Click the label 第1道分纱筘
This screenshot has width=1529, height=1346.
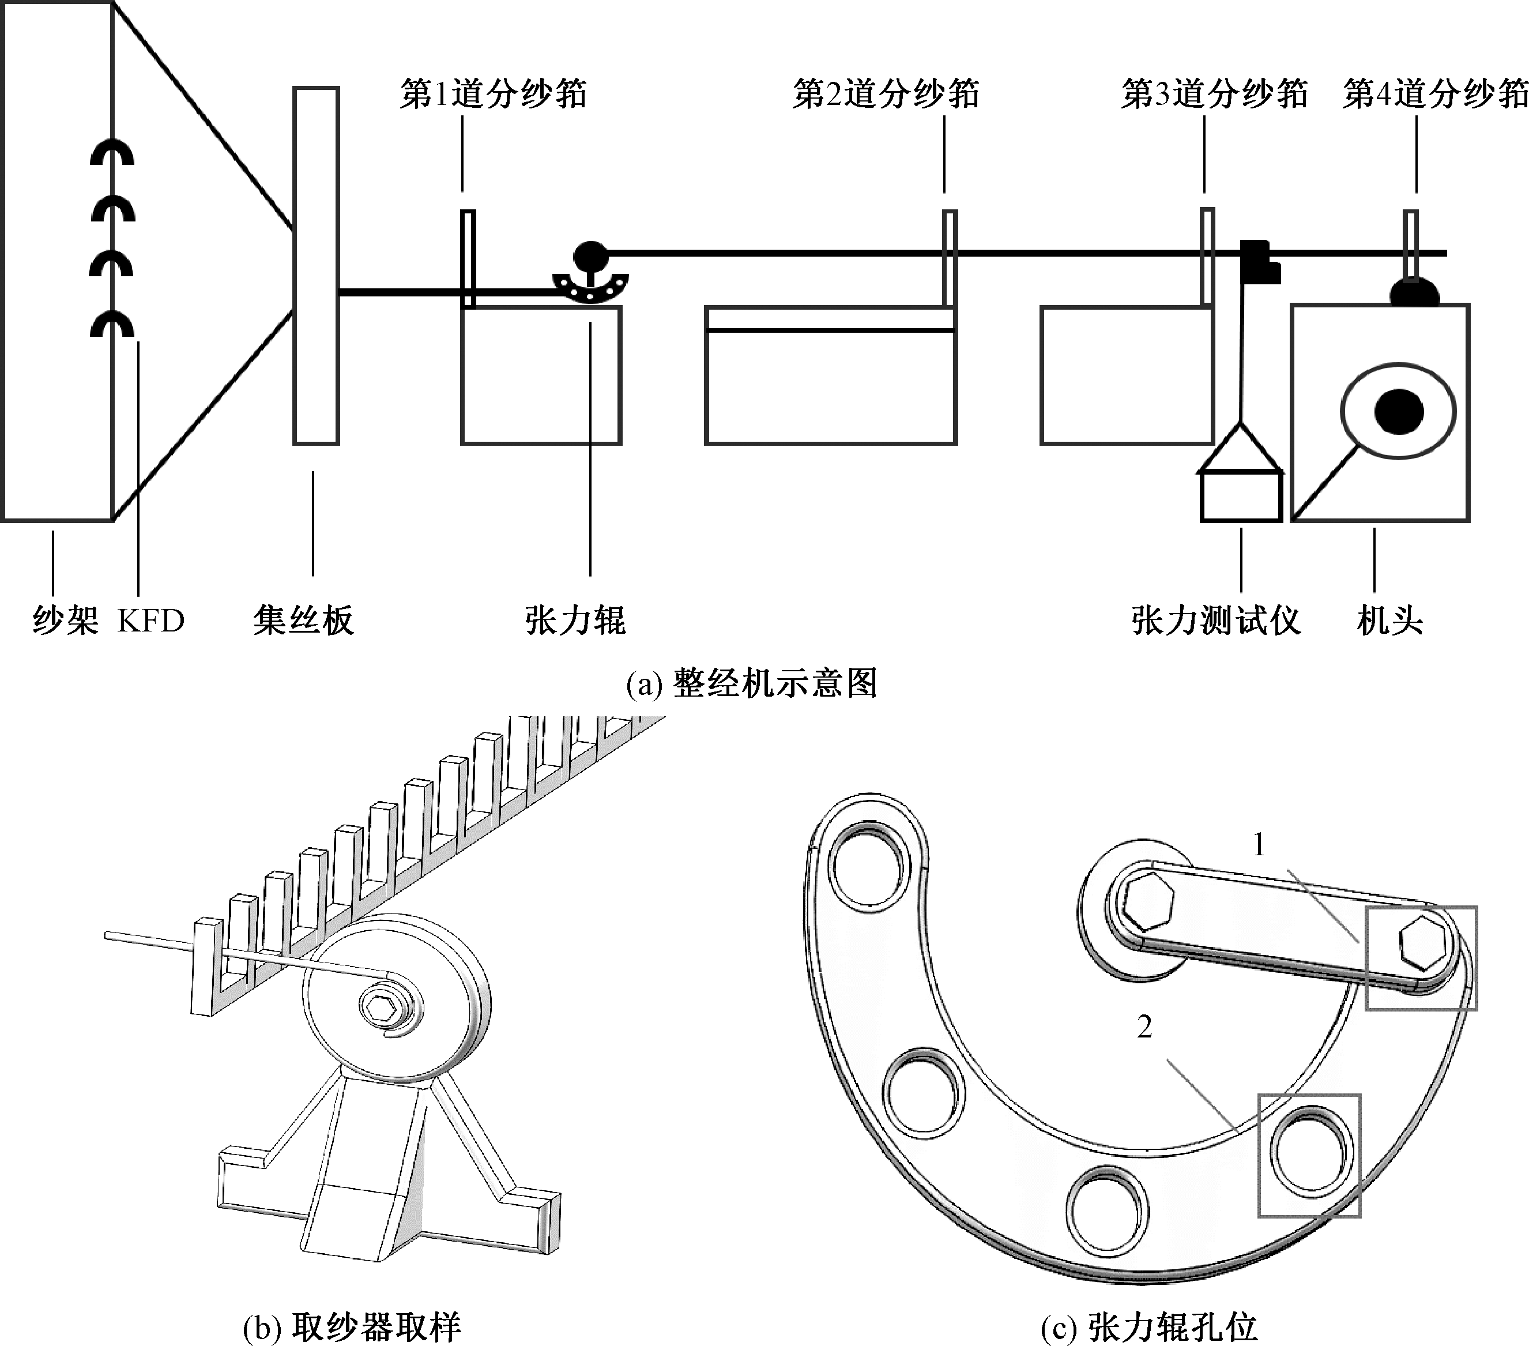coord(493,94)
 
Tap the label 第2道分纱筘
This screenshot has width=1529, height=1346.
coord(886,94)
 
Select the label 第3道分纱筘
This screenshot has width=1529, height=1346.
coord(1214,94)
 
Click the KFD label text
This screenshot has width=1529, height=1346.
coord(150,621)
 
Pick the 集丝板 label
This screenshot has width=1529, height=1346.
coord(303,621)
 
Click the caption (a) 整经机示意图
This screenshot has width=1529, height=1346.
coord(751,683)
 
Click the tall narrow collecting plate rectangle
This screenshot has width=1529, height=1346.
coord(316,266)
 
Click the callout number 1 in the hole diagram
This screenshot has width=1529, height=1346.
coord(1259,845)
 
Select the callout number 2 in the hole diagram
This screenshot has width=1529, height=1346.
coord(1144,1027)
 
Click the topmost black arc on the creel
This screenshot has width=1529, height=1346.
coord(112,153)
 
